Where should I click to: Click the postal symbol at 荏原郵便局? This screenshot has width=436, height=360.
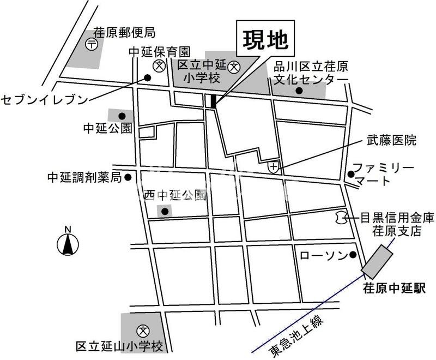pos(93,45)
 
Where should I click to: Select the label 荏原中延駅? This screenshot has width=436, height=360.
pos(393,289)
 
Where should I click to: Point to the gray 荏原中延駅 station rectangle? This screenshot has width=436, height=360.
pos(379,261)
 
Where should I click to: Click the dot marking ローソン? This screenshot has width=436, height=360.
pos(353,255)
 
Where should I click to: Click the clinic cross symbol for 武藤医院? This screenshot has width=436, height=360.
pos(274,166)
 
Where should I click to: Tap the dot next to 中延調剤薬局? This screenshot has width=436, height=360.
pos(128,177)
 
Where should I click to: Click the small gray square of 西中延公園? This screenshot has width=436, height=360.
pos(165,211)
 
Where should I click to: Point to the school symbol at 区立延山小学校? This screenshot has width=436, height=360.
pos(143,329)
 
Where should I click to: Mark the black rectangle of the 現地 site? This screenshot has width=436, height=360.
pos(213,101)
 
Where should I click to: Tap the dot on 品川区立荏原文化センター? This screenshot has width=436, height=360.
pos(299,90)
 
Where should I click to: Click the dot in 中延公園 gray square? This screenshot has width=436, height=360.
pos(122,116)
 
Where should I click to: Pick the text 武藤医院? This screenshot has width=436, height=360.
pos(392,141)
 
